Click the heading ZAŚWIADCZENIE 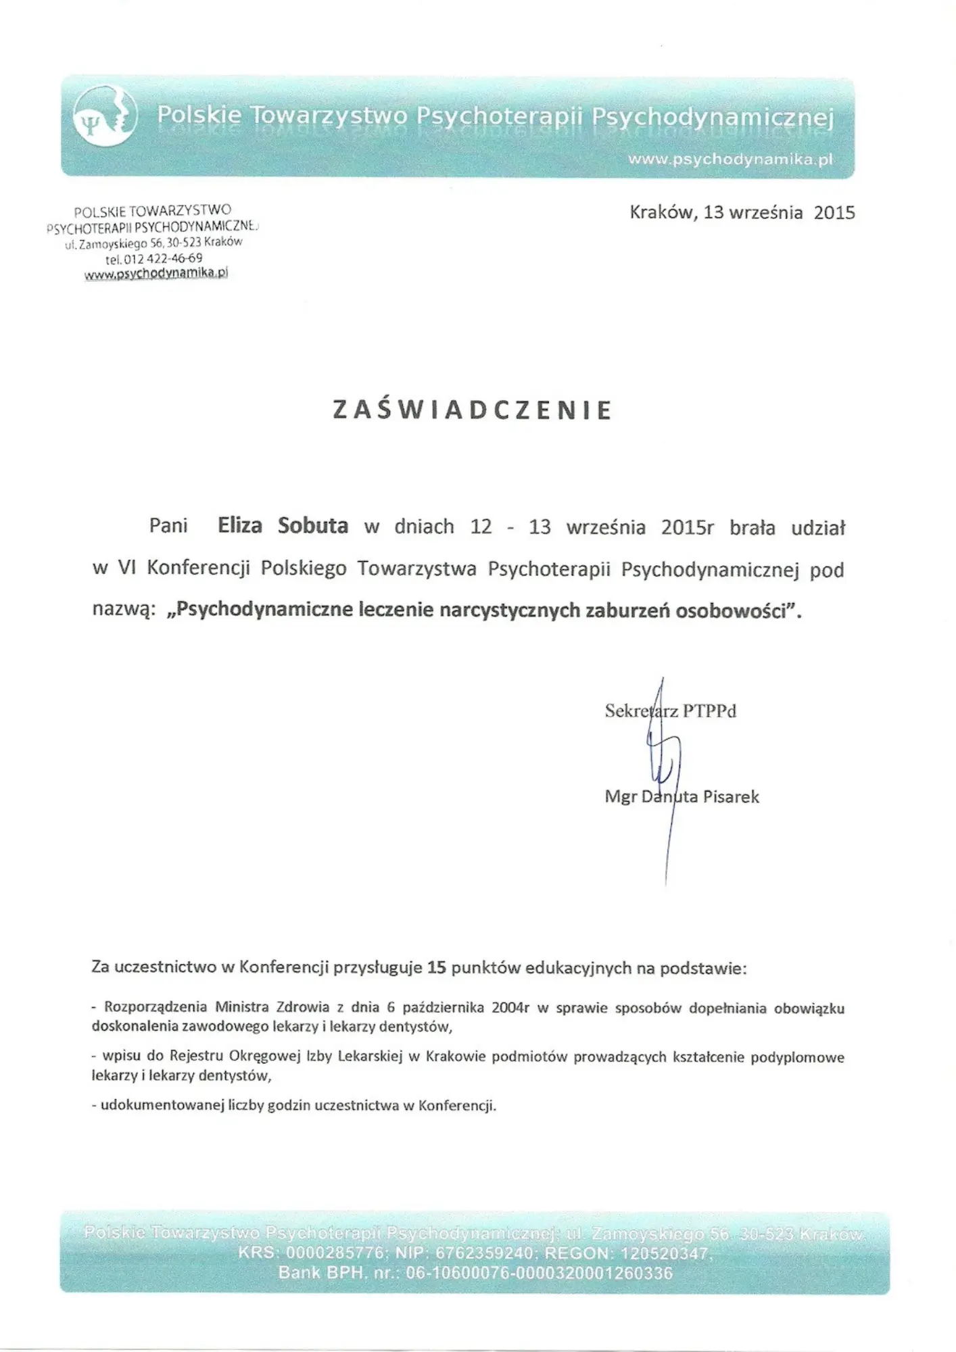point(473,410)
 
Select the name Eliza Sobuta point(283,526)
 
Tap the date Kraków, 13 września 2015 point(742,213)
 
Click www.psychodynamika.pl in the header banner point(730,160)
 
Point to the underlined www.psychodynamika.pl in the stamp point(156,274)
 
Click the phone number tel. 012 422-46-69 point(153,258)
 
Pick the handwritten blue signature point(663,764)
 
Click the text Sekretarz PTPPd point(670,711)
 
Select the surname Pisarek point(731,797)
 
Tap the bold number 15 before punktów point(436,968)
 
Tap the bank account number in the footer point(539,1274)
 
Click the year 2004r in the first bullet point(510,1008)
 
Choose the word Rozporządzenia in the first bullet point(156,1007)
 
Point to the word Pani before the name point(168,526)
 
